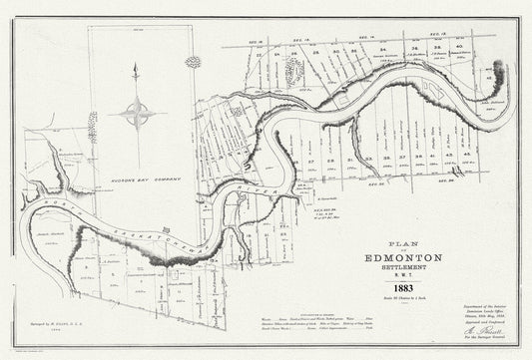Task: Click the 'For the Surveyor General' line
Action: pos(486,348)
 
